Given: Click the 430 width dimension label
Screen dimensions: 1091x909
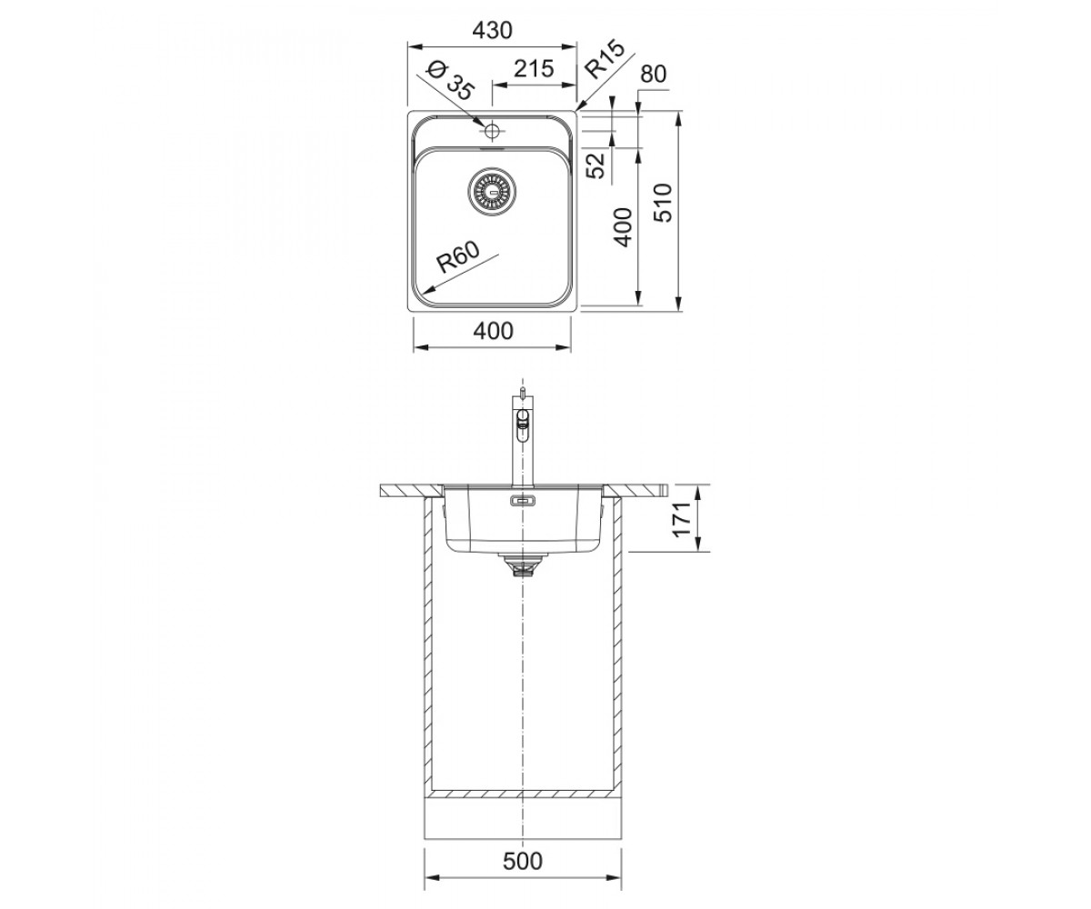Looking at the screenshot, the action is click(492, 31).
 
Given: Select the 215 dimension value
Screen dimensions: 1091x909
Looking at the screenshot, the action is click(533, 68).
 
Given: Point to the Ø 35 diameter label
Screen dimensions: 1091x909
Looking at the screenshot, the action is click(449, 81).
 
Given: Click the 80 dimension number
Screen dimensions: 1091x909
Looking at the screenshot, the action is click(653, 75).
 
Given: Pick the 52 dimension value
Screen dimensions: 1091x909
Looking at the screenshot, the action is click(596, 165).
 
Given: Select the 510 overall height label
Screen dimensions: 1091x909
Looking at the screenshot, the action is click(663, 204).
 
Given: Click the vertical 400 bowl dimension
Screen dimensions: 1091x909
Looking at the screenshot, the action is click(623, 226).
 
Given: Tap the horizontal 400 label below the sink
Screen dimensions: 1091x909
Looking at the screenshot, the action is click(493, 331).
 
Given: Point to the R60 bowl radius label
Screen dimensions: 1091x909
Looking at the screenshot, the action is click(458, 257).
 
